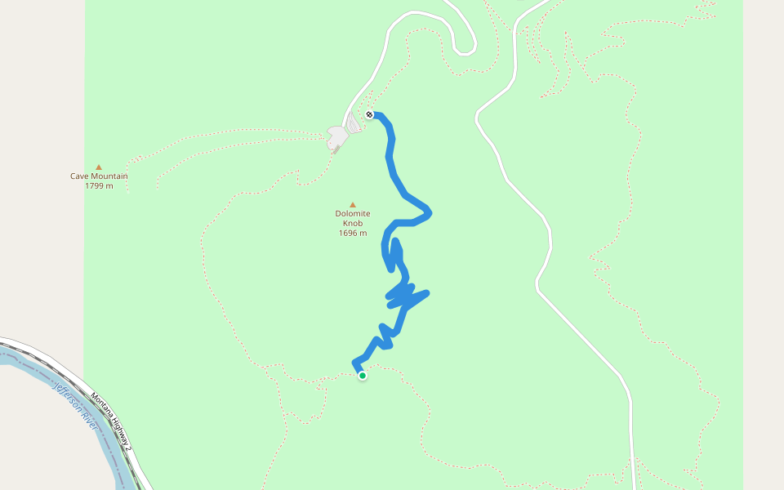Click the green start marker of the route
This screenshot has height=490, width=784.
363,376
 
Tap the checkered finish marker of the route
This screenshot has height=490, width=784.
370,114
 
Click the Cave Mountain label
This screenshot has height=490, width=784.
99,176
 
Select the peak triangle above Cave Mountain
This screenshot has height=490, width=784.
99,167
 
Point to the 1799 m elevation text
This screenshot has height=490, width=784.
99,186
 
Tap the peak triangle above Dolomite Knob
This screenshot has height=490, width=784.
353,205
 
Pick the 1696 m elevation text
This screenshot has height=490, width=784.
353,234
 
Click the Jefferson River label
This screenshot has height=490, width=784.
76,408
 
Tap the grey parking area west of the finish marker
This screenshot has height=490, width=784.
337,137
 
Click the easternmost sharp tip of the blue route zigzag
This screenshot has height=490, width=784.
427,292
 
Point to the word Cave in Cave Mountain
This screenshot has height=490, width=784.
80,176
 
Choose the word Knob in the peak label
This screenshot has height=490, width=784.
353,224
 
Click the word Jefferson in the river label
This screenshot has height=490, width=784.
68,399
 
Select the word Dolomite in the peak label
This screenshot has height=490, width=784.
353,214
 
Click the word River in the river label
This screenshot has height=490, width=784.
90,422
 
